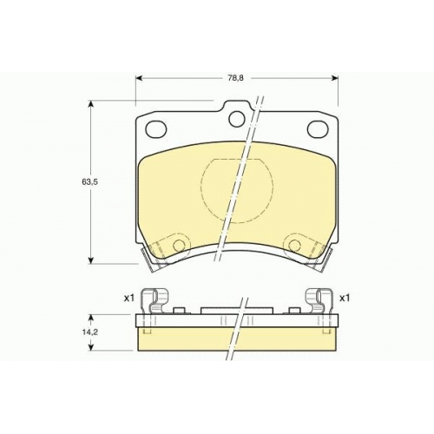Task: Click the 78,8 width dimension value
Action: pos(237,78)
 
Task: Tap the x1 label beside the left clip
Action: pos(129,299)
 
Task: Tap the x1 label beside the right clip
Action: pos(345,299)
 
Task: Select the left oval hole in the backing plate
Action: pos(156,128)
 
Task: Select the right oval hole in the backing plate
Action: pos(318,128)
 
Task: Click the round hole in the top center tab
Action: pos(237,119)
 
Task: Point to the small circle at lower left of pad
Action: pos(179,245)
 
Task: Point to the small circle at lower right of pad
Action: pos(294,245)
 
